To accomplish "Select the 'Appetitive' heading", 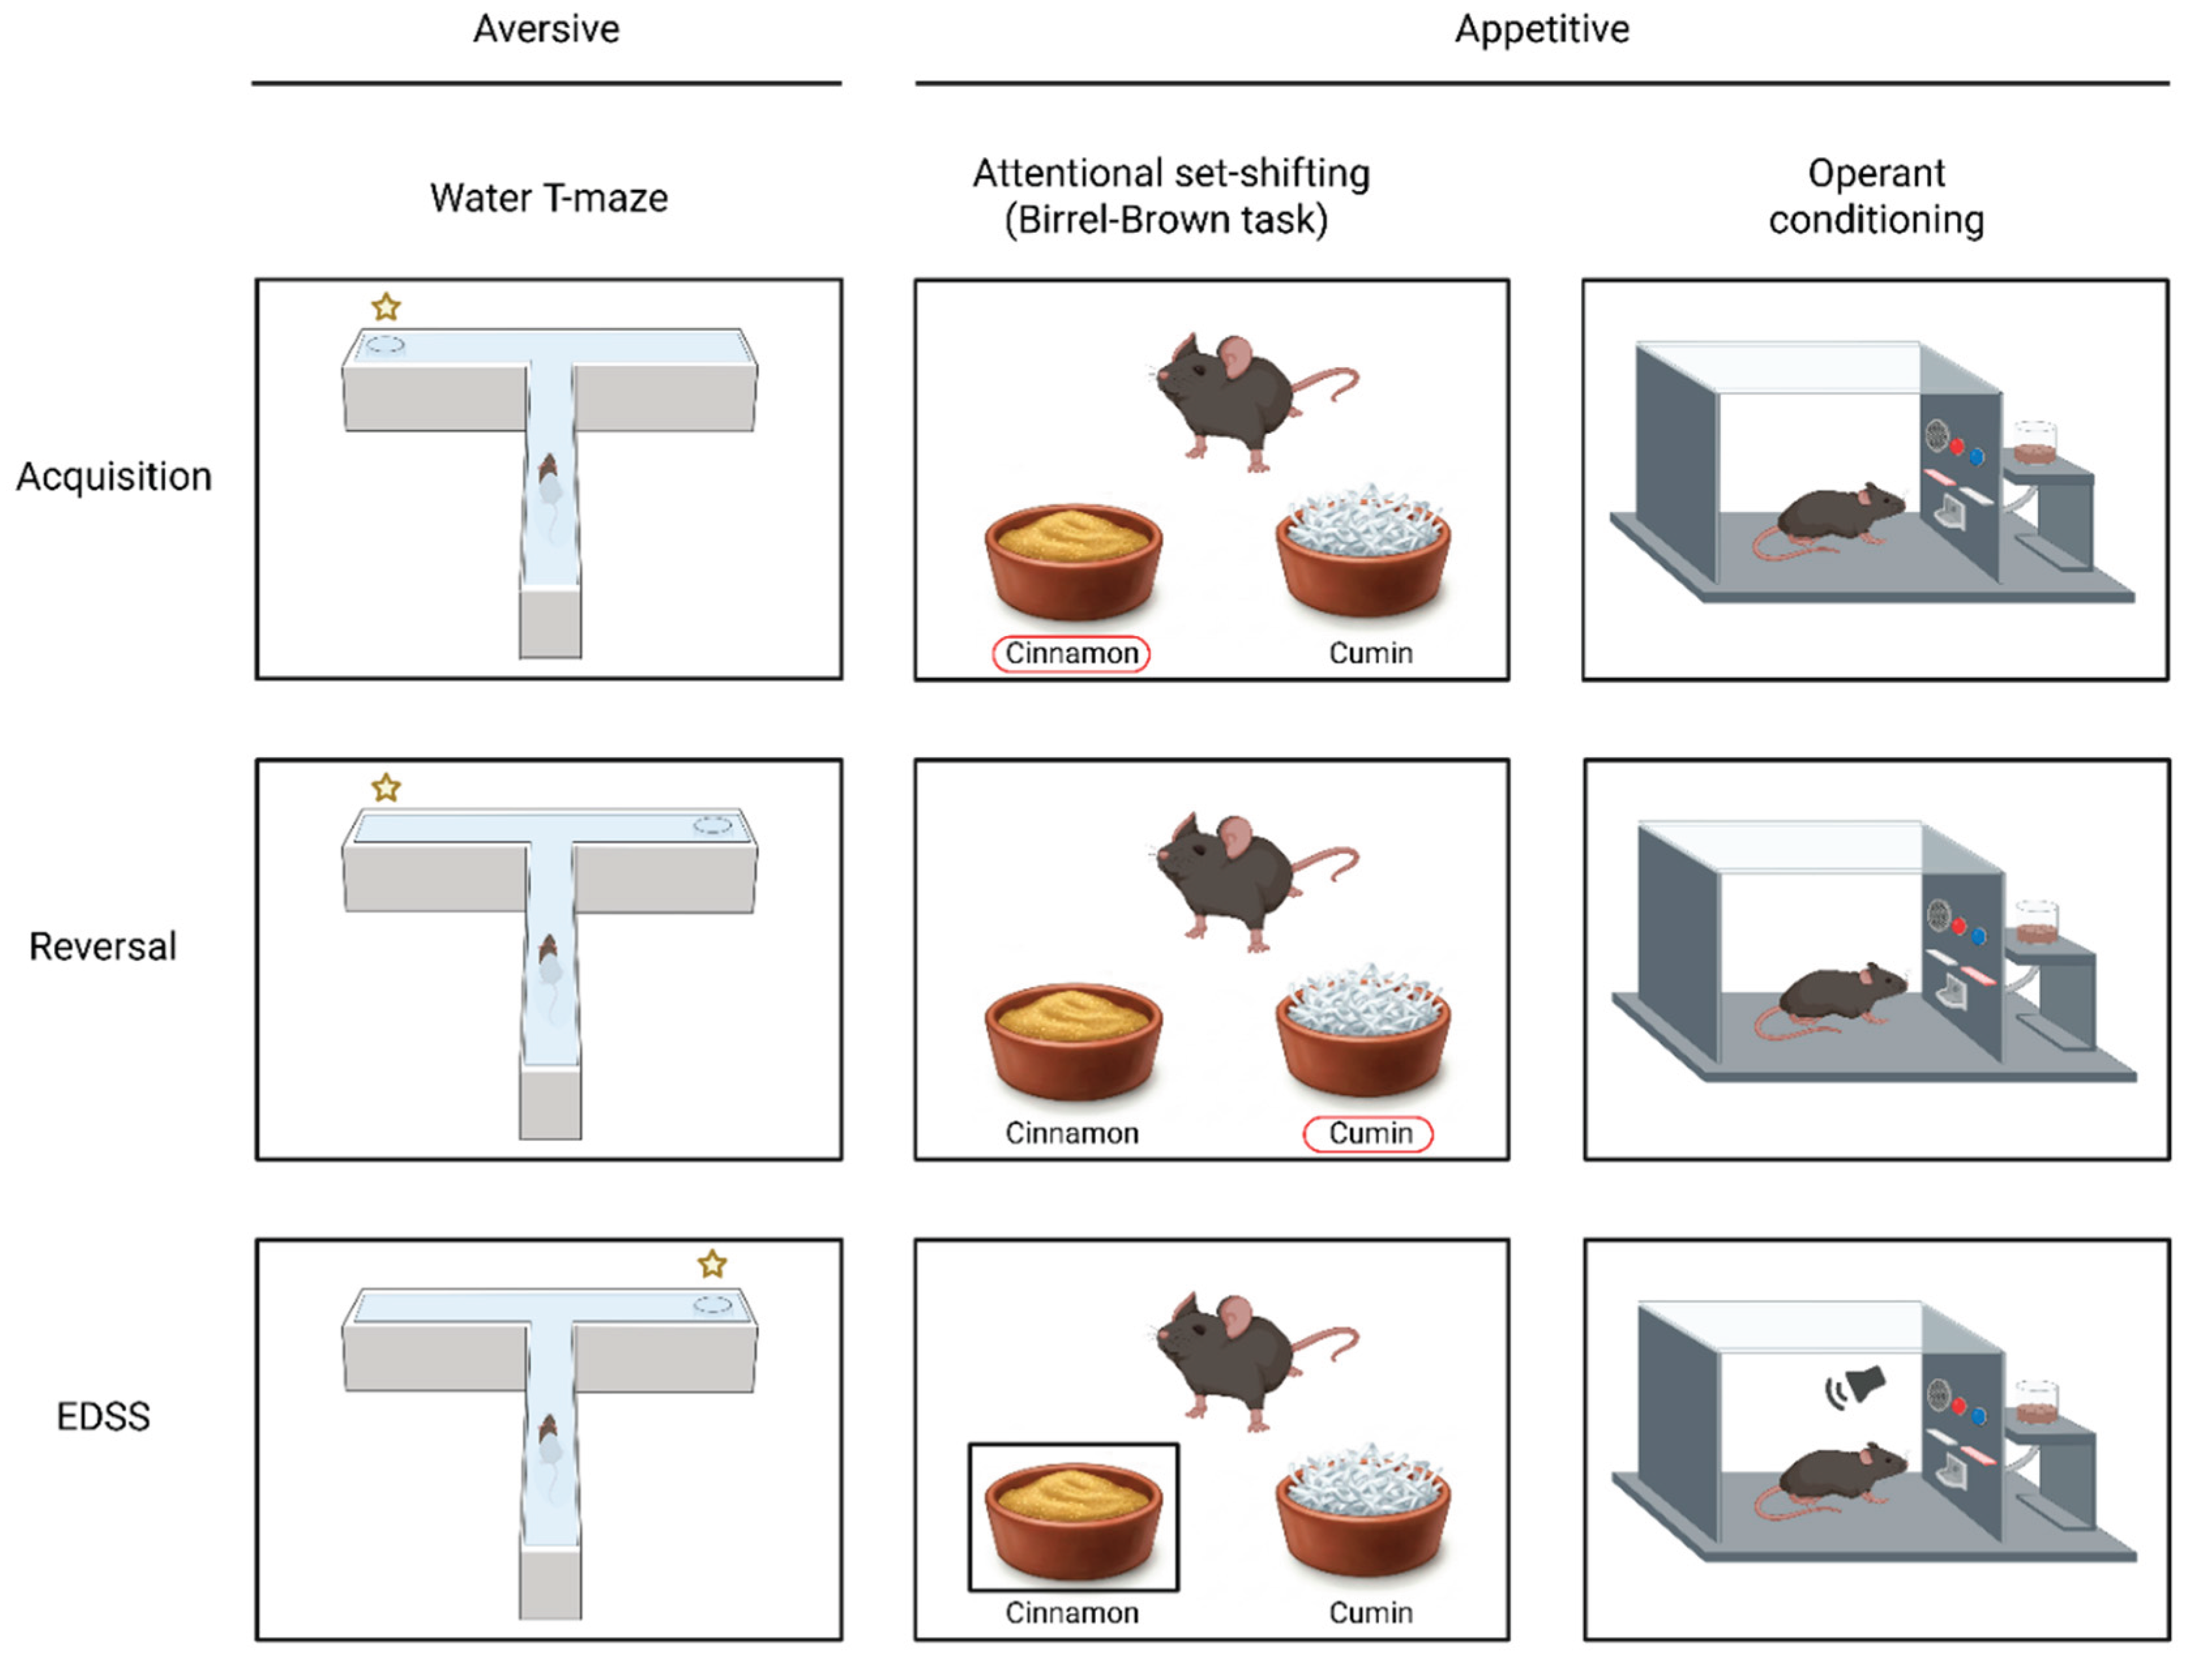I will click(x=1541, y=29).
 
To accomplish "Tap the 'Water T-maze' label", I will click(x=549, y=198).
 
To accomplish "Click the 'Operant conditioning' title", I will click(x=1875, y=196).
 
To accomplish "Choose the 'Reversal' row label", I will click(x=103, y=946).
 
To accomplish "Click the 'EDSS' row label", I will click(x=103, y=1417).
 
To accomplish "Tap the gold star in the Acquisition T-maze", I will click(x=386, y=307).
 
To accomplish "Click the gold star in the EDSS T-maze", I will click(x=712, y=1264).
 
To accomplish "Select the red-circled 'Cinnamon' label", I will click(x=1071, y=653).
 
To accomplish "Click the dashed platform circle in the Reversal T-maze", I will click(x=712, y=824).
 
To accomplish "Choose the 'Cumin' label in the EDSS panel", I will click(x=1370, y=1612).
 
